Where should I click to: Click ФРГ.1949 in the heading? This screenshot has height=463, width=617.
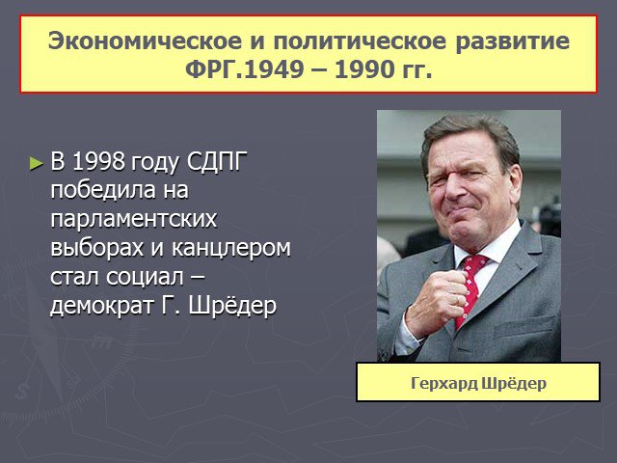click(244, 69)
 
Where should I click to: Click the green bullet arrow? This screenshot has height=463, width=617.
click(37, 163)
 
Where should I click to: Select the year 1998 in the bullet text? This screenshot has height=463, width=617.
click(98, 161)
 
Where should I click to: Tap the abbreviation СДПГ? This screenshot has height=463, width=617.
click(217, 162)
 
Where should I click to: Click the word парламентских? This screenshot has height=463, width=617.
click(134, 219)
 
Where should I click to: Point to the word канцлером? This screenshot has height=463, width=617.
click(231, 248)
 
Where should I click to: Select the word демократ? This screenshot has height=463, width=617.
click(101, 306)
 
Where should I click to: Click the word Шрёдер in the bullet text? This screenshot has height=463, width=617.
click(232, 305)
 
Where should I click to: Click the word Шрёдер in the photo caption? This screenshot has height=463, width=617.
click(514, 383)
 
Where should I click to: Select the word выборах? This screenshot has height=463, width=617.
click(96, 248)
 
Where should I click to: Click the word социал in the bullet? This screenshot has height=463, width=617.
click(145, 277)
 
